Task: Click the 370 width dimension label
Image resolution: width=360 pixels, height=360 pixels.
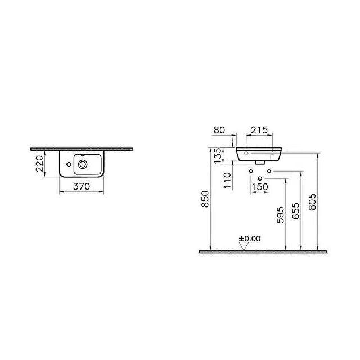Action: click(82, 187)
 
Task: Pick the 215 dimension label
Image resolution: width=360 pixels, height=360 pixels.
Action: click(258, 129)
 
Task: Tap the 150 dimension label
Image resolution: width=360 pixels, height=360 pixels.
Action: click(259, 187)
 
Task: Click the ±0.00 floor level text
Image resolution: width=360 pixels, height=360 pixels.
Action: click(250, 238)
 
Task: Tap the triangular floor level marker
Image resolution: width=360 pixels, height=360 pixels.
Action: click(244, 246)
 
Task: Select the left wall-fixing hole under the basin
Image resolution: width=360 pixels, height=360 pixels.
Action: click(250, 170)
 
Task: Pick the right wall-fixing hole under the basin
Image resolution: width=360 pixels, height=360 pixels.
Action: click(269, 170)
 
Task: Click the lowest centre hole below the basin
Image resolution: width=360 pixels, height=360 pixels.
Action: click(260, 178)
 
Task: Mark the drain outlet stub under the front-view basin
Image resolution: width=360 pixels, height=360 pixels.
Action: click(260, 160)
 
